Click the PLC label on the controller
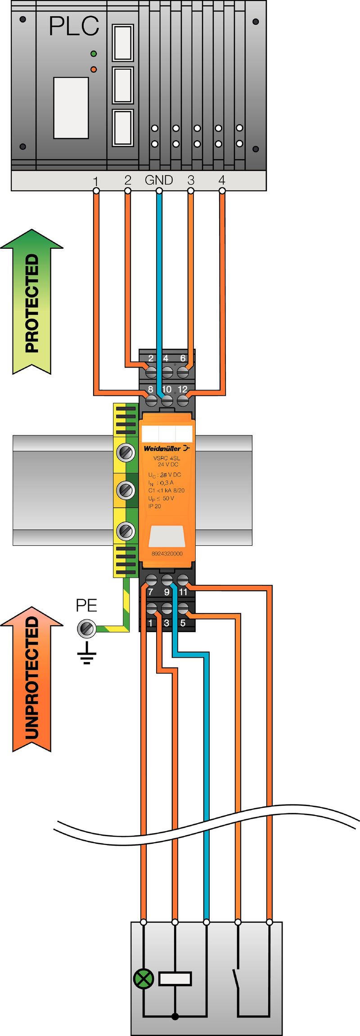point(74,26)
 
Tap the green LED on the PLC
point(94,54)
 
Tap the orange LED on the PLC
point(94,69)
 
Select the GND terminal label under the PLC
point(159,180)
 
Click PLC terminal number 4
point(221,180)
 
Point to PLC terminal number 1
point(95,181)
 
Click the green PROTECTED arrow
point(31,301)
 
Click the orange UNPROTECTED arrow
point(31,679)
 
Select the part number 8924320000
point(167,553)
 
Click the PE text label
point(86,605)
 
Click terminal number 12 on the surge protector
point(182,389)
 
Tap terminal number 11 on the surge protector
point(183,592)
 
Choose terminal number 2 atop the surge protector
point(151,359)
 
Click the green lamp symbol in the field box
point(144,978)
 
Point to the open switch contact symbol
point(237,978)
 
